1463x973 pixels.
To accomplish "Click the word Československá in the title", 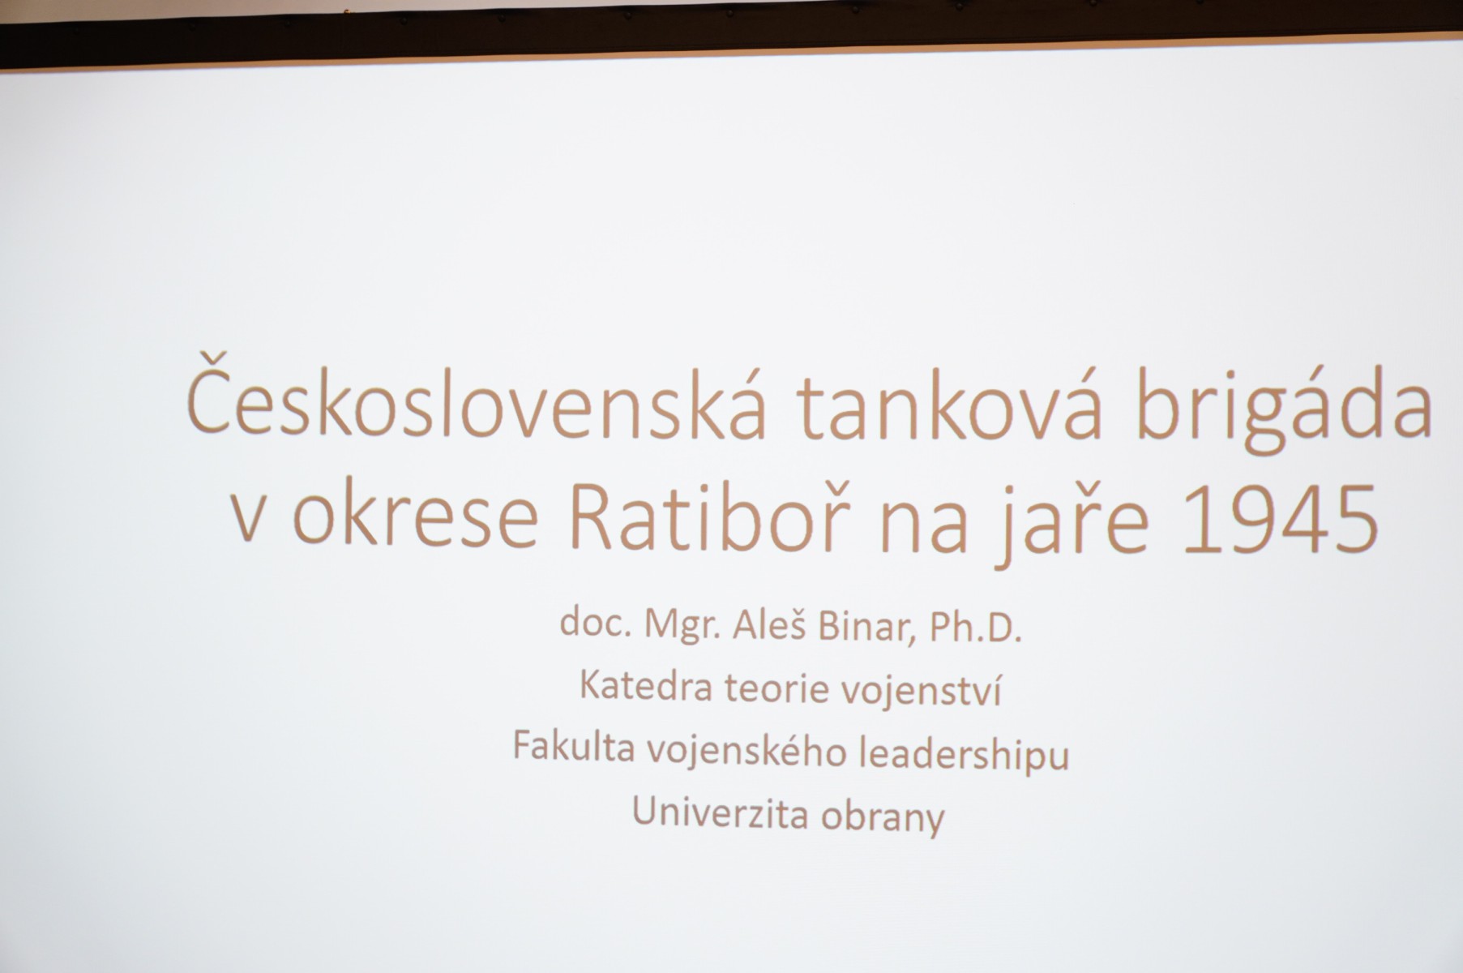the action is coord(476,404).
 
